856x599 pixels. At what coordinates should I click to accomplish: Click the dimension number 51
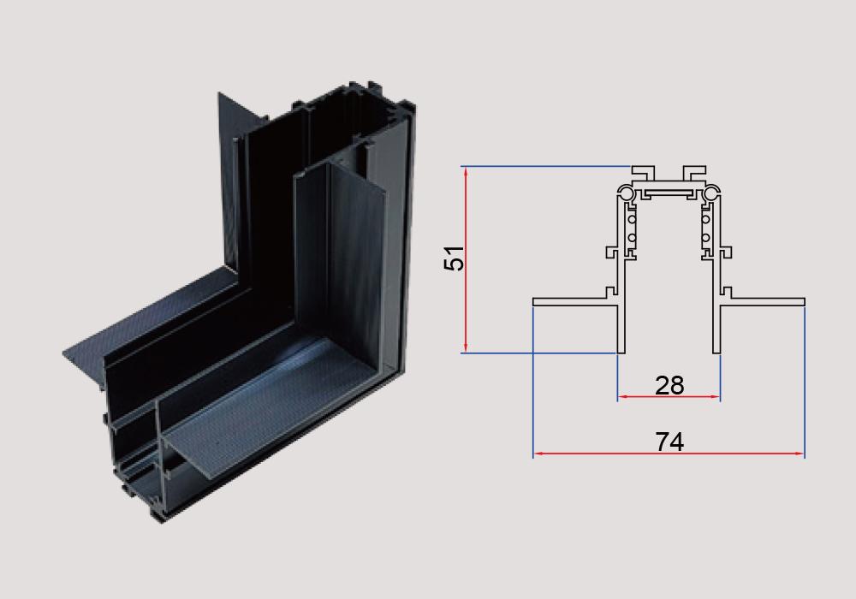(x=454, y=258)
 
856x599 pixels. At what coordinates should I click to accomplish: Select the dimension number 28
(x=669, y=386)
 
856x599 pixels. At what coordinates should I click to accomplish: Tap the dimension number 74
(x=669, y=442)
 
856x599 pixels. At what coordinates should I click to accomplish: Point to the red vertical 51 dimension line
(x=466, y=259)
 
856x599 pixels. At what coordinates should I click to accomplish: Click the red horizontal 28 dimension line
(x=669, y=397)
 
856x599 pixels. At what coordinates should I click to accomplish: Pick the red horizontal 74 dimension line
(x=669, y=454)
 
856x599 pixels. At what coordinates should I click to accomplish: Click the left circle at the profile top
(x=627, y=193)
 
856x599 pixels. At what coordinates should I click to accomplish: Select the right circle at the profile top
(x=711, y=193)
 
